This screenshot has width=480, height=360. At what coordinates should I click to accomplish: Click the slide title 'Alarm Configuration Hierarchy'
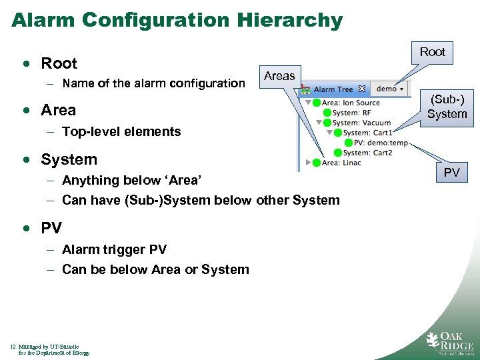tap(177, 20)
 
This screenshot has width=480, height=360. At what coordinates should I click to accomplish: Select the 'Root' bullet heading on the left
tap(59, 63)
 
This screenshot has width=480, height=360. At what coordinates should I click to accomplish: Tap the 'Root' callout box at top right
tap(432, 52)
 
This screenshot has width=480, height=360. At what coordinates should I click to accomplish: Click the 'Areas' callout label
tap(279, 76)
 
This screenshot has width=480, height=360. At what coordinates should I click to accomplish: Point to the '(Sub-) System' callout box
tap(447, 107)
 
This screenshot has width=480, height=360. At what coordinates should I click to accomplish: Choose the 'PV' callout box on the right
tap(451, 173)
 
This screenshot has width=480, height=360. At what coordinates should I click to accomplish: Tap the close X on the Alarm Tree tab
tap(362, 89)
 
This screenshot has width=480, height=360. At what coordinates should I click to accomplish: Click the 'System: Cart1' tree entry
tap(367, 133)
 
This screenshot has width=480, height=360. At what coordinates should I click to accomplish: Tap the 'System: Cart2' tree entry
tap(367, 153)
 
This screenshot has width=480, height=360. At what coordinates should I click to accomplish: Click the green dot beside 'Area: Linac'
tap(316, 163)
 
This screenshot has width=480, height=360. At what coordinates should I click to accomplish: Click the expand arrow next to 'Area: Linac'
tap(308, 163)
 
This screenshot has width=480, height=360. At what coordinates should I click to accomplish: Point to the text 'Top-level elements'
tap(121, 131)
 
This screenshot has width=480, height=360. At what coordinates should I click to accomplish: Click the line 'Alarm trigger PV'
tap(114, 249)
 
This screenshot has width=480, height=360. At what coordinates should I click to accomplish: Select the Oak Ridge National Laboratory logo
tap(449, 341)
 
